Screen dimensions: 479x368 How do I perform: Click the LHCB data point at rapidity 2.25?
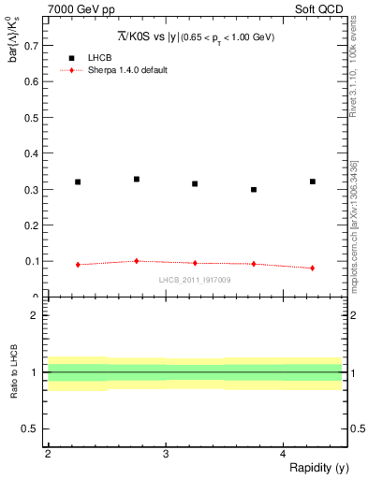pyautogui.click(x=78, y=181)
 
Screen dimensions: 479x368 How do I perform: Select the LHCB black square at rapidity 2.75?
pyautogui.click(x=137, y=179)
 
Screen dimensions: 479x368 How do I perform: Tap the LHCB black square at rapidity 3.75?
pyautogui.click(x=254, y=189)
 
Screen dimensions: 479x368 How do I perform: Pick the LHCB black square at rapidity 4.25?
pyautogui.click(x=313, y=181)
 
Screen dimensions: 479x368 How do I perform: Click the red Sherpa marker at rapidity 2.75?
pyautogui.click(x=137, y=261)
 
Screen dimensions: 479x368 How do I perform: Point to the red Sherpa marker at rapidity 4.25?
pyautogui.click(x=313, y=268)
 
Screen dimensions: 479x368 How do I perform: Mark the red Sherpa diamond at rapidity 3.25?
pyautogui.click(x=195, y=263)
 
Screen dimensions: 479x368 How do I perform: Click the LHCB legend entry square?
pyautogui.click(x=72, y=57)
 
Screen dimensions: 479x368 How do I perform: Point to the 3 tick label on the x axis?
pyautogui.click(x=166, y=454)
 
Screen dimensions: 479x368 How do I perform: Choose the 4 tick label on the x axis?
pyautogui.click(x=284, y=454)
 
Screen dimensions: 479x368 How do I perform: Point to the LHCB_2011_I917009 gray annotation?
pyautogui.click(x=194, y=279)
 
